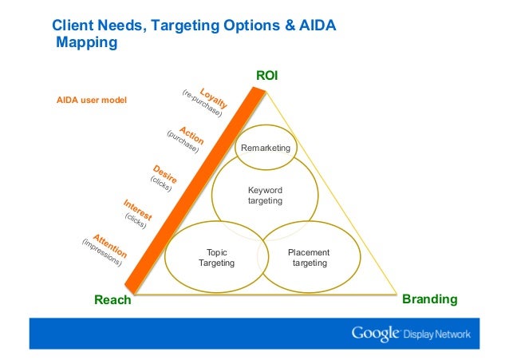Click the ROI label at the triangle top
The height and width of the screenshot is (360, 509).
coord(266,76)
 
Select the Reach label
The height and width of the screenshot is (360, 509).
coord(112,301)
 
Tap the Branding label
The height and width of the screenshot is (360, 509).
coord(430,299)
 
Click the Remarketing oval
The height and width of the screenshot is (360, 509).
coord(266,148)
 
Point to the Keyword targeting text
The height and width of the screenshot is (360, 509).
coord(265,196)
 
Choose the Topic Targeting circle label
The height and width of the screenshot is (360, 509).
coord(216,258)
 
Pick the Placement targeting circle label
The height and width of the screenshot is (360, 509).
coord(309,258)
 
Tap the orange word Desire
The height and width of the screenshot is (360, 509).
coord(164,174)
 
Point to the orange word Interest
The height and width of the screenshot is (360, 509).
coord(137,208)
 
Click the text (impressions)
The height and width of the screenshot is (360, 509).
coord(101,252)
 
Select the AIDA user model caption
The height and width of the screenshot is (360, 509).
coord(91,101)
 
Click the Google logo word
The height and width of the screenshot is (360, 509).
coord(375,333)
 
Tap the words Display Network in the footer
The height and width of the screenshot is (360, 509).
coord(436,334)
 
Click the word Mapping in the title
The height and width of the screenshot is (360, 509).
coord(86,43)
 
